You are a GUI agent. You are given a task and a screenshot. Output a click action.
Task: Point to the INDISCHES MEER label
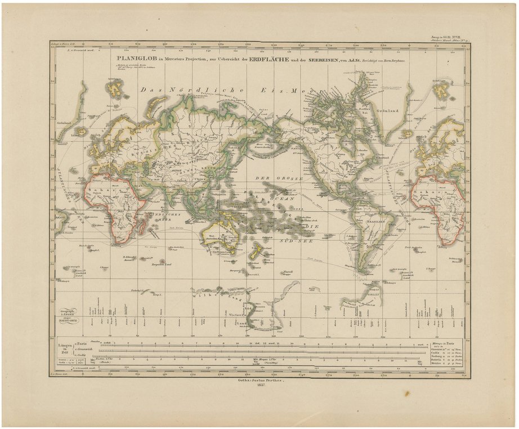pos(159,218)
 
